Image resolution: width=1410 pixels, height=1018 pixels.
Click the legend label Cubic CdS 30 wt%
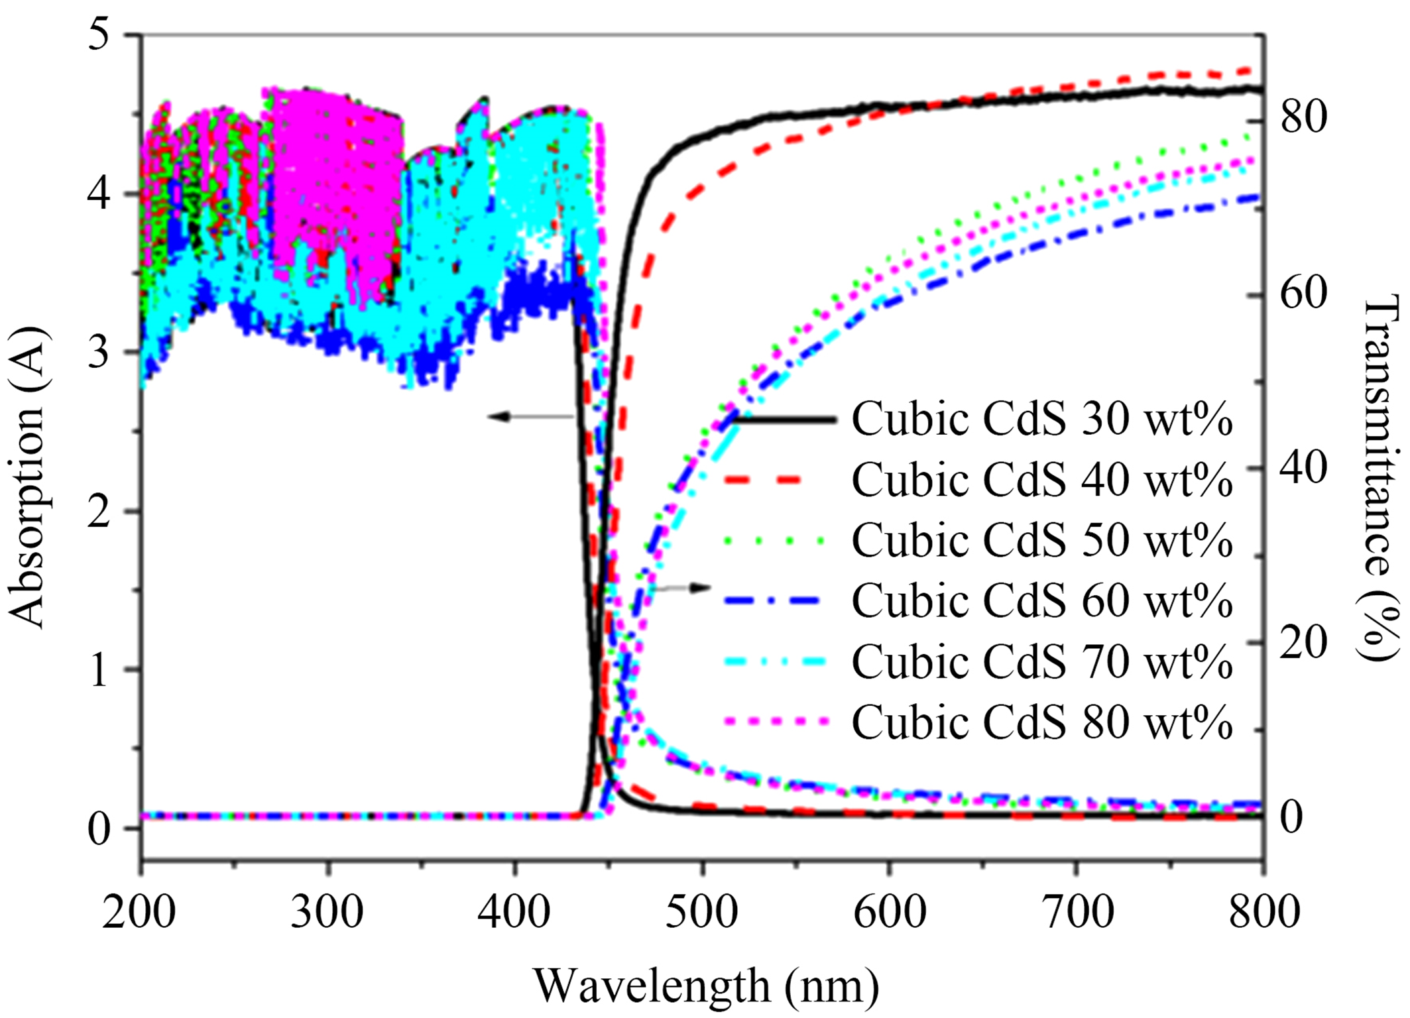pos(1041,419)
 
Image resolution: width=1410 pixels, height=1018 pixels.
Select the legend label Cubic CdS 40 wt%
pos(1041,479)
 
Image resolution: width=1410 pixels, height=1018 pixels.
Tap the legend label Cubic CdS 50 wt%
pos(1041,540)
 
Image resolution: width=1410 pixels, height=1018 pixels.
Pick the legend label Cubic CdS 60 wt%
pos(1041,600)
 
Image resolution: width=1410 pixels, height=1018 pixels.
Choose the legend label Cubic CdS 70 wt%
pos(1041,661)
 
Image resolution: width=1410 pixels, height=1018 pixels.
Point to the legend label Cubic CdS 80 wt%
pos(1041,722)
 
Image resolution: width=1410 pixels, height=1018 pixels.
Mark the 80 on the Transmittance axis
pos(1303,117)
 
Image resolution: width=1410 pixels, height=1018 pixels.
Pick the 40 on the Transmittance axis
pos(1303,467)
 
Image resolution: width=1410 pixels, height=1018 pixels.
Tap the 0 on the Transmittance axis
pos(1292,817)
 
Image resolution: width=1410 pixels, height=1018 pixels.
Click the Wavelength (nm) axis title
pos(706,986)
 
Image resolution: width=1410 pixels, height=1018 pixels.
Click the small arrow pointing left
pos(530,417)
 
